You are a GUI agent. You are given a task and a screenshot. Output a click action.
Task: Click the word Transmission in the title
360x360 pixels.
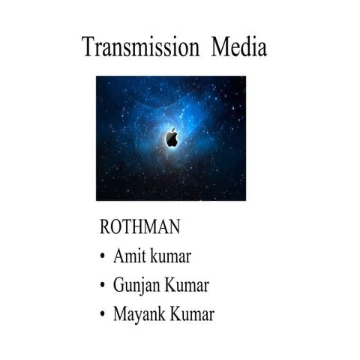[140, 47]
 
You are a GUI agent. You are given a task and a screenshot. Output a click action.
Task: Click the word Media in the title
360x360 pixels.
[238, 47]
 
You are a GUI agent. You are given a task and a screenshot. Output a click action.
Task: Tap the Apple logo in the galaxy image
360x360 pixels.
[172, 138]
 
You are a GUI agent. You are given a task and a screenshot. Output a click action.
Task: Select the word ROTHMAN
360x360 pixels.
[139, 227]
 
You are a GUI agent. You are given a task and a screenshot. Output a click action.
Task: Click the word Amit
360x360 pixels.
[129, 256]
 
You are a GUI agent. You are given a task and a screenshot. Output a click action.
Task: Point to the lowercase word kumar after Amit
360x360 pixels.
[170, 256]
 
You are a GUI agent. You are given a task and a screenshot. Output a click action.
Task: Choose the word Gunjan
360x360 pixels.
[138, 286]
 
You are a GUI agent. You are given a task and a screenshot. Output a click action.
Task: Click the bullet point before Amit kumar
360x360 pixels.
[102, 257]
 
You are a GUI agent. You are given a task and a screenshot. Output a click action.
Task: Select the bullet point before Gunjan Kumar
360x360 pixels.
[102, 286]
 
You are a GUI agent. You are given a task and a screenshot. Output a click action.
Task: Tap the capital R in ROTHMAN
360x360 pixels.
[105, 227]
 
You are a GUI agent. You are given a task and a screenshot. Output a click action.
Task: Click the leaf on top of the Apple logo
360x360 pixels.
[173, 130]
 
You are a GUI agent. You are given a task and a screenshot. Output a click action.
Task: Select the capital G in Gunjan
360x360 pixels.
[118, 286]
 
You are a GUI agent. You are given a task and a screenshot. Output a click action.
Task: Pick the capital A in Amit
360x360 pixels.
[118, 256]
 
